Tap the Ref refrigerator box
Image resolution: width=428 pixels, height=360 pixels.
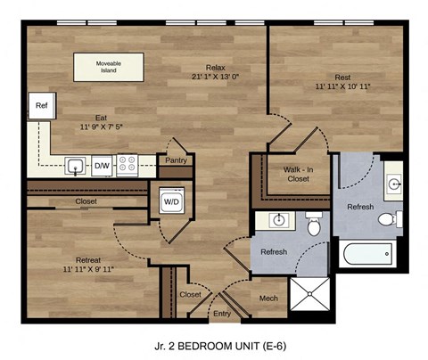(x=41, y=106)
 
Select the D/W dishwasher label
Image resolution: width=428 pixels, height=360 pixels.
(x=102, y=165)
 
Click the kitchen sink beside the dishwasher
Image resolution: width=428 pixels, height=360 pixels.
(x=77, y=165)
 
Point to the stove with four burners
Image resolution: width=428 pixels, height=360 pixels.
(x=127, y=165)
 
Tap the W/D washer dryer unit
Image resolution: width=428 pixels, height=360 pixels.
(x=169, y=201)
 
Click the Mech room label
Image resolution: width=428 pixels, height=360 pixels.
(x=267, y=298)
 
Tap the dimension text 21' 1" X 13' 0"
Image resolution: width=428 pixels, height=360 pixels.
(x=215, y=77)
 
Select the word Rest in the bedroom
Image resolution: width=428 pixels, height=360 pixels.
(x=343, y=77)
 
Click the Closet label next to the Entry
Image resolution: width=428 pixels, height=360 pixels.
(x=190, y=293)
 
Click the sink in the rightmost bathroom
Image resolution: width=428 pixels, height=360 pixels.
(x=393, y=184)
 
